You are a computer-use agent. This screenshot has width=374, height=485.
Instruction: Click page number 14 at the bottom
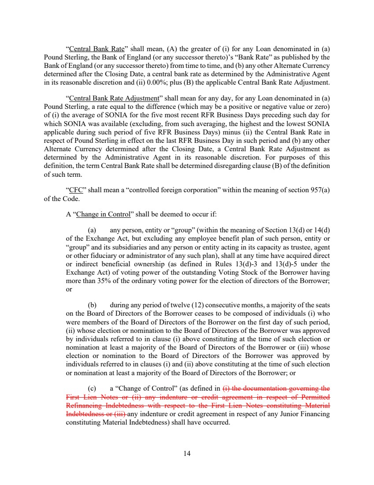(x=187, y=453)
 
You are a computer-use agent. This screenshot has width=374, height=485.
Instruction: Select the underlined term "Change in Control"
(x=103, y=215)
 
